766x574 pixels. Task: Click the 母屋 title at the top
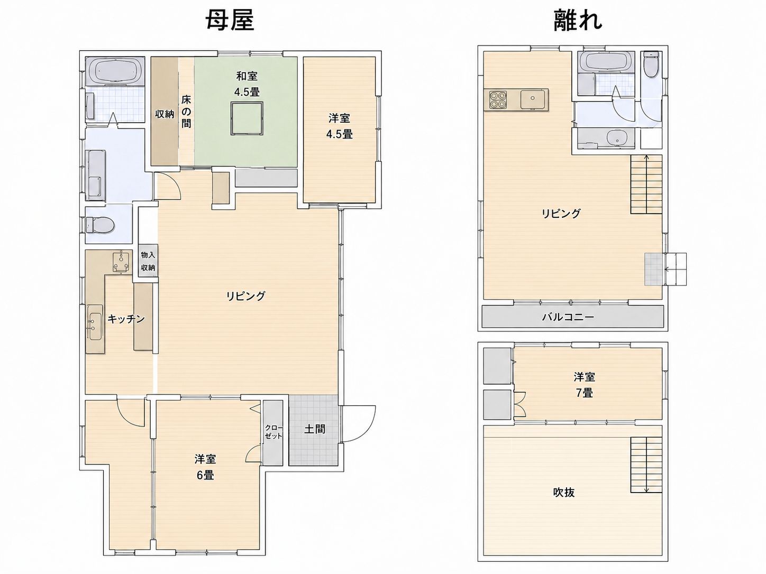229,21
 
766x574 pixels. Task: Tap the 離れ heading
578,21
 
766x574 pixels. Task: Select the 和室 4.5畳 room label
247,84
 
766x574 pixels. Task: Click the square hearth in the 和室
247,118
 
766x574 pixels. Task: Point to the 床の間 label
186,112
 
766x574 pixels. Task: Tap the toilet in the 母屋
101,224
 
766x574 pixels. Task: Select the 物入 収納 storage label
148,262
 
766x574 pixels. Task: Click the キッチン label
126,319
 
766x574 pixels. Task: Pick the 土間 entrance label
315,429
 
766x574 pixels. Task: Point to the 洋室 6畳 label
205,467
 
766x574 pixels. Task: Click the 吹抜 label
564,493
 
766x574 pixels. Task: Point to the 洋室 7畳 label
584,385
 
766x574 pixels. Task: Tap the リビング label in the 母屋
245,296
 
